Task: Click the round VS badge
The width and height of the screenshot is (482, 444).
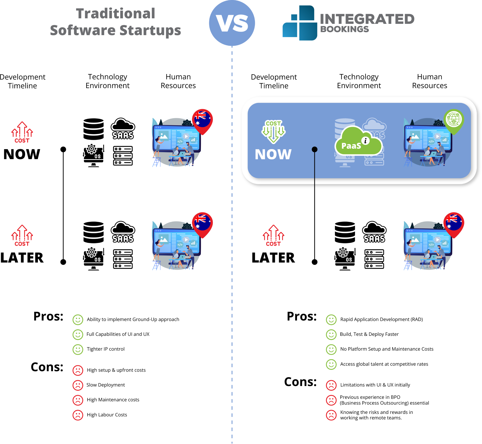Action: (x=232, y=23)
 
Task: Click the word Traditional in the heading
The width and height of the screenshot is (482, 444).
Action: (x=116, y=14)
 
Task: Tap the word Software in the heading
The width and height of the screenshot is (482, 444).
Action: (x=83, y=30)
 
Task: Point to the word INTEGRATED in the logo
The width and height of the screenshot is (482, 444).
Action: (x=367, y=19)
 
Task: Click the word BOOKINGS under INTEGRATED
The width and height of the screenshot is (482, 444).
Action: (x=345, y=29)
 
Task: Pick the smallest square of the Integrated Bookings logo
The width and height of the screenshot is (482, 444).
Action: (x=294, y=17)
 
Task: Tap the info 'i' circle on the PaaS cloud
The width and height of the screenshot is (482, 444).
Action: (x=366, y=141)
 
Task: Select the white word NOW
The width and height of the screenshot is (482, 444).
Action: (x=273, y=154)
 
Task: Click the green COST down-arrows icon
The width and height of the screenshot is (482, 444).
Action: (x=273, y=131)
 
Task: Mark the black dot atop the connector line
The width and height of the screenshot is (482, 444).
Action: (x=315, y=150)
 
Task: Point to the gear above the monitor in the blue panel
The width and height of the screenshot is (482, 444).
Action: (x=438, y=123)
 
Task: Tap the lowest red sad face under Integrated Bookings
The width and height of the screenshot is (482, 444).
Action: (x=331, y=415)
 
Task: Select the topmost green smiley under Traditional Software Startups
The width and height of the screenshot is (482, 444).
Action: (x=78, y=320)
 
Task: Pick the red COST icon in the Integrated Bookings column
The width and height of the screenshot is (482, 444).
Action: (x=273, y=236)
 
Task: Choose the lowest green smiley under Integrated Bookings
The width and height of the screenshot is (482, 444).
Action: (x=331, y=364)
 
